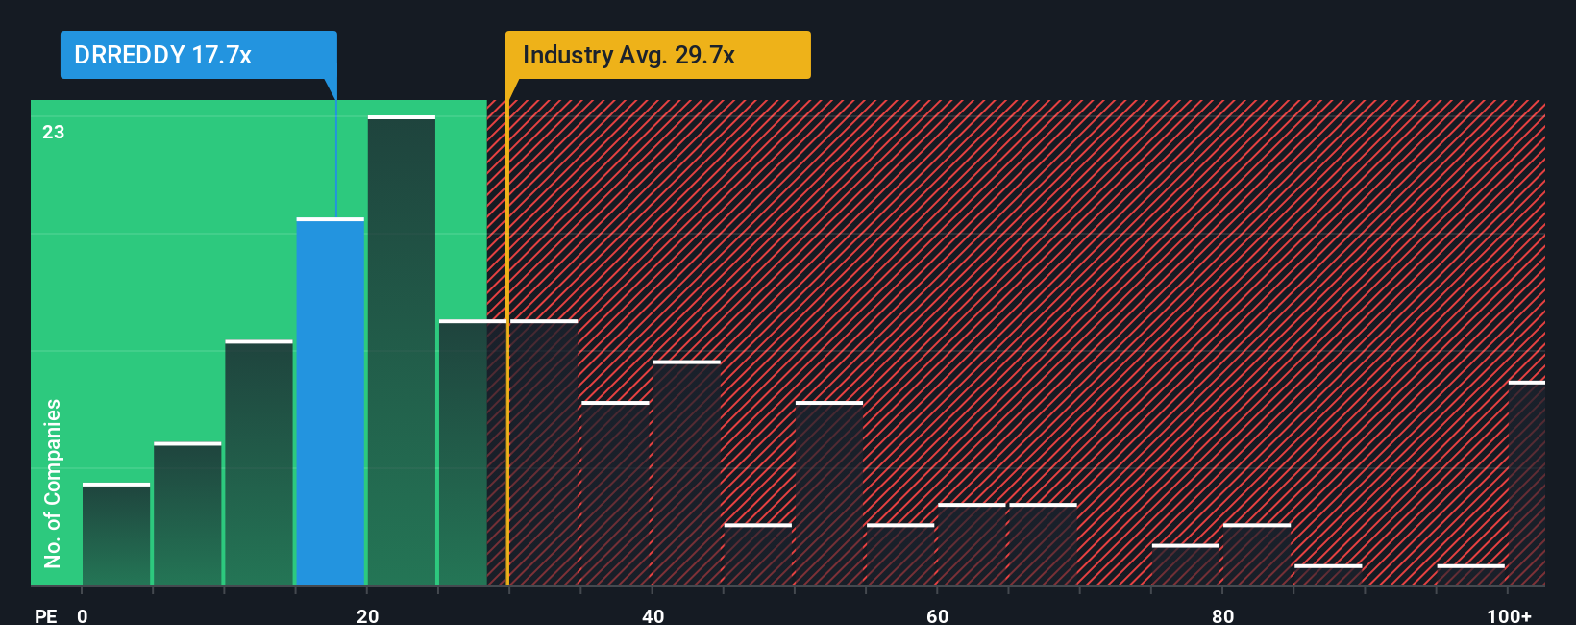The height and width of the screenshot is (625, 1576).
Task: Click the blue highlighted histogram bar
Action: click(x=331, y=402)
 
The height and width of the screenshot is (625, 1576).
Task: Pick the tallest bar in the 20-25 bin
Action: click(x=402, y=351)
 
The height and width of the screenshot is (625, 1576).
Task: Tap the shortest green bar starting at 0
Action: click(x=116, y=535)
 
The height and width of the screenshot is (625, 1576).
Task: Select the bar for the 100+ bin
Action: click(x=1526, y=483)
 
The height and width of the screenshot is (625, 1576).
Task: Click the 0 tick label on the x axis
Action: click(x=83, y=615)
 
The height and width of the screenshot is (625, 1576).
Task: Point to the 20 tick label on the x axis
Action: click(x=367, y=615)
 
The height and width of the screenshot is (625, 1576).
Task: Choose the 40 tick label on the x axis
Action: click(x=653, y=615)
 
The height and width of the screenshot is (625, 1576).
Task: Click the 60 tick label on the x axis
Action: click(x=937, y=615)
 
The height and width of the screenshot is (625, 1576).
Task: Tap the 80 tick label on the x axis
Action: click(x=1222, y=615)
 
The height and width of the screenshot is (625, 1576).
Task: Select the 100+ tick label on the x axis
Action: click(x=1509, y=615)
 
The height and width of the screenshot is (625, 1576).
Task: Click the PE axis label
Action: click(x=46, y=615)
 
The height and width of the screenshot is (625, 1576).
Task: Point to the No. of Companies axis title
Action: click(x=53, y=483)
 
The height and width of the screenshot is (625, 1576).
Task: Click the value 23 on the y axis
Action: click(x=54, y=132)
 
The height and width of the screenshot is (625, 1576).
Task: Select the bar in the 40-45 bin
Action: click(x=686, y=473)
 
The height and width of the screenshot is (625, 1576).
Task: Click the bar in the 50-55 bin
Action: click(x=829, y=493)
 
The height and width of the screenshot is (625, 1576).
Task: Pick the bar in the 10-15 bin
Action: click(x=259, y=462)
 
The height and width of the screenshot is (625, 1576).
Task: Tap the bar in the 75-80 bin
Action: click(x=1186, y=565)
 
